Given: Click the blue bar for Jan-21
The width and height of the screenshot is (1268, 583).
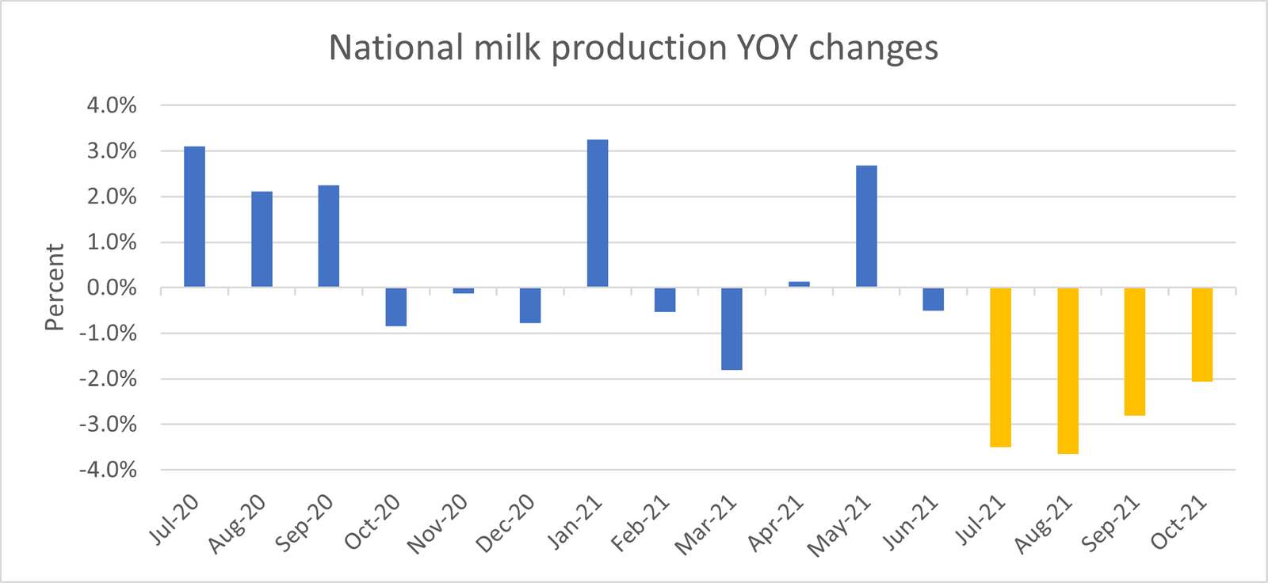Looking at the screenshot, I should (598, 213).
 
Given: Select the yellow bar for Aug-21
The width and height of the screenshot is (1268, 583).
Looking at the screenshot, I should (1067, 371).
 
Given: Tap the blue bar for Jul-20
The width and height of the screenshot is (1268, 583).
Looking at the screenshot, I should (194, 216).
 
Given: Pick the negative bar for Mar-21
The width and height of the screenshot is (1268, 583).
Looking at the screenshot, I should (731, 329).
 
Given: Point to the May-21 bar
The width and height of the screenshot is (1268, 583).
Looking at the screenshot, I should (866, 226).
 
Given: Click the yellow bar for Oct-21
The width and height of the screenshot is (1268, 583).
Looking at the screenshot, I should (1201, 334).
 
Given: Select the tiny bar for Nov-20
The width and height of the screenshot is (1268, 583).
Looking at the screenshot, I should (464, 291).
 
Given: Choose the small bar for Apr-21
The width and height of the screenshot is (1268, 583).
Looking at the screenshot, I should (799, 284).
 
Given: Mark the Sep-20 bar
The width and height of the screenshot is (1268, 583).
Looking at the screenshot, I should (329, 236).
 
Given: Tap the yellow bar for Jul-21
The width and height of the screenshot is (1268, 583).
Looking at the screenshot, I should (1000, 368).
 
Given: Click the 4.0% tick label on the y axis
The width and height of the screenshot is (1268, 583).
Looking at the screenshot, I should (112, 105).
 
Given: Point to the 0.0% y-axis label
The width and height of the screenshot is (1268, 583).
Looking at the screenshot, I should (112, 288).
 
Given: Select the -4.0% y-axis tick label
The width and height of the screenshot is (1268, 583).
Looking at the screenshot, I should (108, 470).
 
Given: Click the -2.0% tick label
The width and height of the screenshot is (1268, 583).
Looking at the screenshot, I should (108, 379).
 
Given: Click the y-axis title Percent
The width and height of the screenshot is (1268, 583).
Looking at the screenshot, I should (54, 287).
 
